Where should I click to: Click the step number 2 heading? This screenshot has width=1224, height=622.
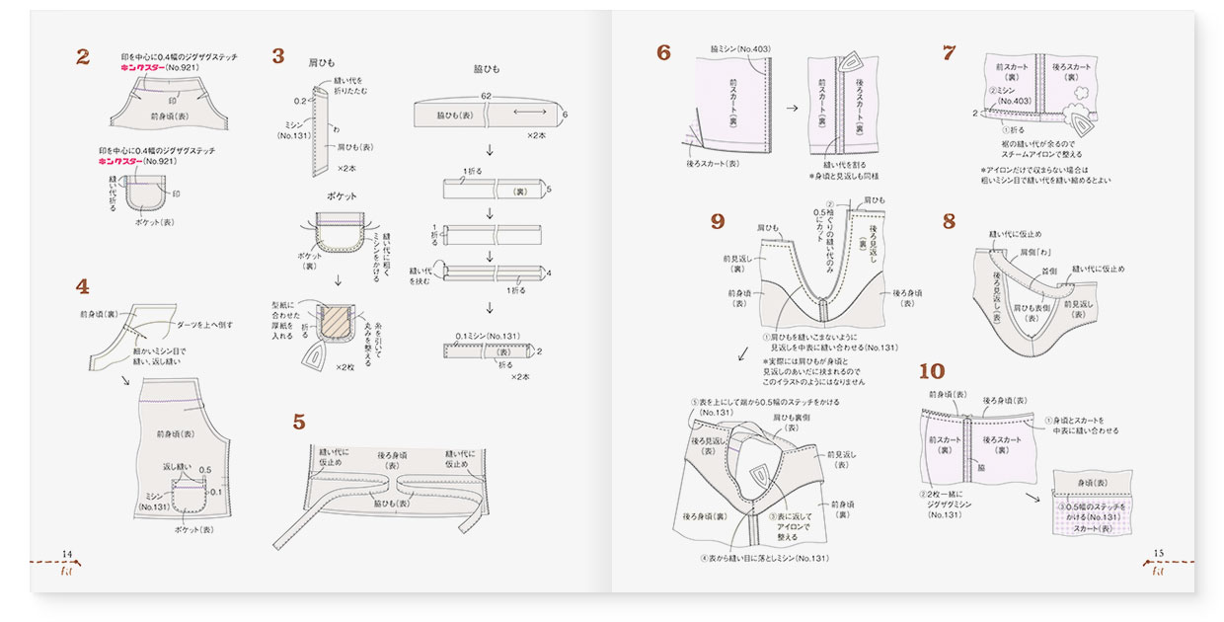click(83, 57)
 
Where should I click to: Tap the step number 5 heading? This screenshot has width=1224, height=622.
click(299, 423)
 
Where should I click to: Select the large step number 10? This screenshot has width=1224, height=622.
click(931, 371)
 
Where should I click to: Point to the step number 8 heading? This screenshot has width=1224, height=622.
click(949, 221)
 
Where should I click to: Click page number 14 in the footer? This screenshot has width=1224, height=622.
click(67, 553)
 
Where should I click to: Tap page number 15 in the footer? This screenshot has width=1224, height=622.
click(1159, 553)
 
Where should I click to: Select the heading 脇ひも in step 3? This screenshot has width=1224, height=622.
click(487, 69)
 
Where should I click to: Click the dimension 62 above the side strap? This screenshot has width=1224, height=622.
click(486, 96)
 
